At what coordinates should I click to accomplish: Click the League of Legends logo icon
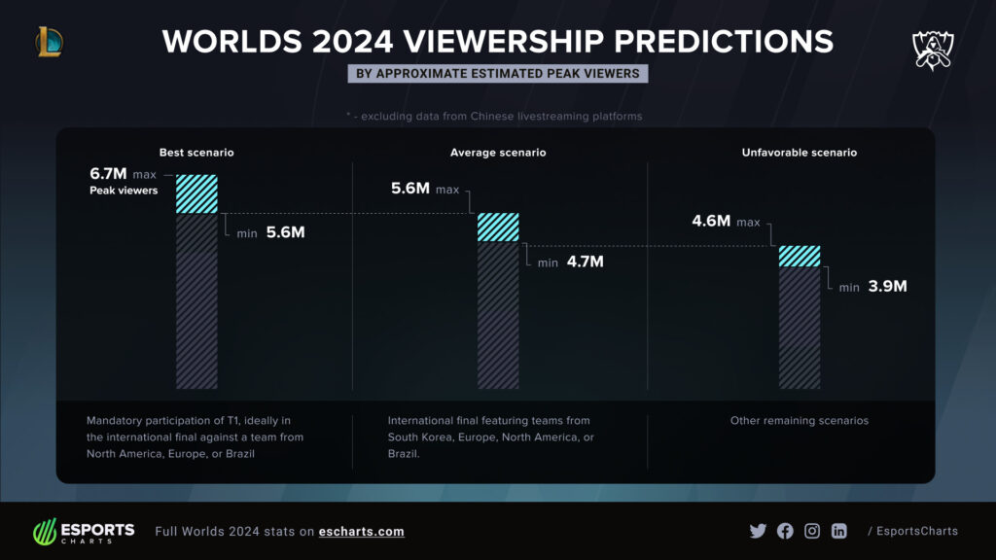click(49, 41)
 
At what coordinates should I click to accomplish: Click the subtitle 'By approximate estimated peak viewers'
click(497, 74)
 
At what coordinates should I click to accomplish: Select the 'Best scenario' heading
click(196, 153)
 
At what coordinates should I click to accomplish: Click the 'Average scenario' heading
click(497, 153)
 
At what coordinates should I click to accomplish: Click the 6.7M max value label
click(109, 173)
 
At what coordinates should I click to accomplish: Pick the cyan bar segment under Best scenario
click(196, 193)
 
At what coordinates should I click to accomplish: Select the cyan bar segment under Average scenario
click(497, 227)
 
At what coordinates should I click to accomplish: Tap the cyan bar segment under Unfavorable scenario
click(799, 256)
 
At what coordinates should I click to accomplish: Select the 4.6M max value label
click(711, 221)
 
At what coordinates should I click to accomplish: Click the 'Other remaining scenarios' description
click(799, 421)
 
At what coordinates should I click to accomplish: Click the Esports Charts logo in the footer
click(84, 532)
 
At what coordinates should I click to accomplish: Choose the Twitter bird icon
click(758, 531)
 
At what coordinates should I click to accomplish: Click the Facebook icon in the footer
click(785, 531)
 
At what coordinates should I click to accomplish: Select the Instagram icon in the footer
click(812, 531)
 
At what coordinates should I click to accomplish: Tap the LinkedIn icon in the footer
click(838, 531)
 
